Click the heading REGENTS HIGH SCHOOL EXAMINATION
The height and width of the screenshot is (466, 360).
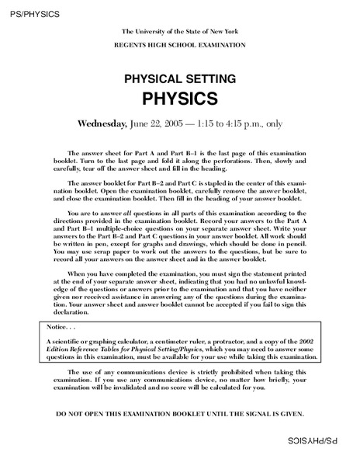point(181,45)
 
